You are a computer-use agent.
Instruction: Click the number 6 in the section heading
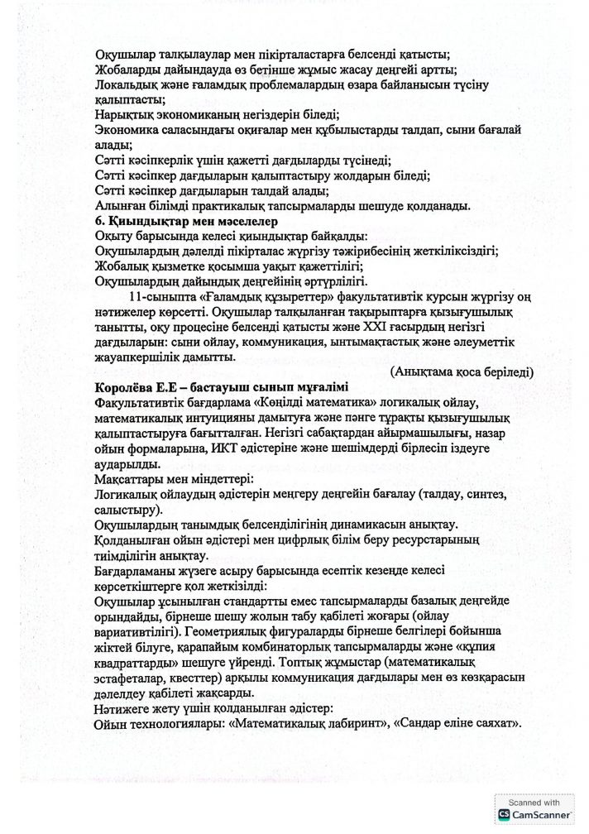[100, 221]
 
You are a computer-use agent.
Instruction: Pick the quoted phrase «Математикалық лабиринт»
[297, 724]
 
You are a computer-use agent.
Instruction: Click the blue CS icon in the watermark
[504, 816]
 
